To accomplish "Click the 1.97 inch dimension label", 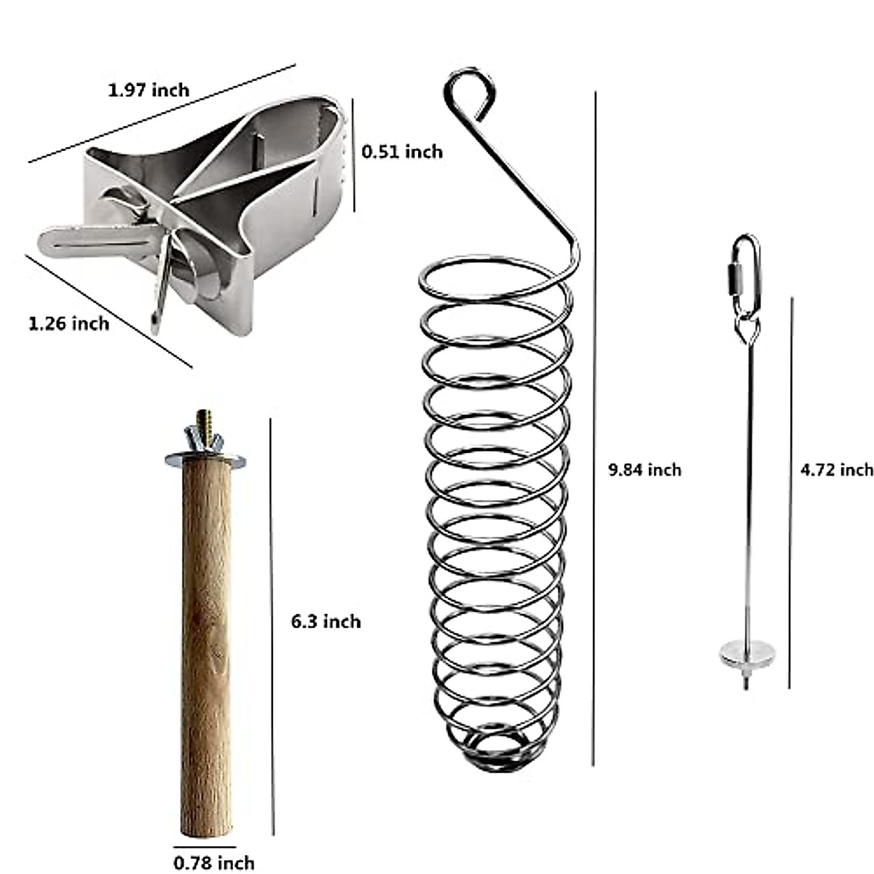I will pos(149,90).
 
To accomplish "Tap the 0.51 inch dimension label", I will pos(402,151).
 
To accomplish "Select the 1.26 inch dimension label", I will pos(69,323).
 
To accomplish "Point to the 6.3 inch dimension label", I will pos(326,621).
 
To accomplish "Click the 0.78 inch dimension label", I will pos(214,863).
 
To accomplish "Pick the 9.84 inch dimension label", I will pos(645,470).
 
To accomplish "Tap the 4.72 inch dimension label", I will pos(836,470).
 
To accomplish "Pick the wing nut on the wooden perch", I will pos(202,441).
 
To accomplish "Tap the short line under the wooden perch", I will pos(205,847).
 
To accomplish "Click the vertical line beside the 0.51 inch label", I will pos(355,155).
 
